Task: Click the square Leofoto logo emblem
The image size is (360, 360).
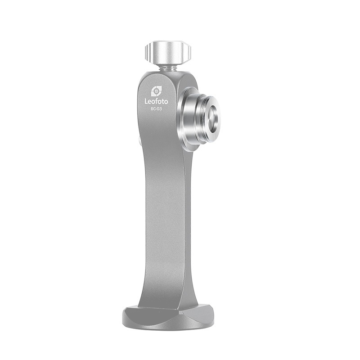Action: (x=156, y=91)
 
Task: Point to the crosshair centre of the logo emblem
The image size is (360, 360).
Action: (x=156, y=91)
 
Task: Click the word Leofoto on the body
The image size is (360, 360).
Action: (x=156, y=102)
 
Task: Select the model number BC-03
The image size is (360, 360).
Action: (x=156, y=109)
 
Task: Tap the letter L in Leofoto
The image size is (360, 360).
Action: (x=146, y=102)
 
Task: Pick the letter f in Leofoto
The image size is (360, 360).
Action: (x=157, y=101)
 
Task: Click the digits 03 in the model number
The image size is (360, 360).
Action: (x=160, y=109)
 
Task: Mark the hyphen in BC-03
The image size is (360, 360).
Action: (x=156, y=109)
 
